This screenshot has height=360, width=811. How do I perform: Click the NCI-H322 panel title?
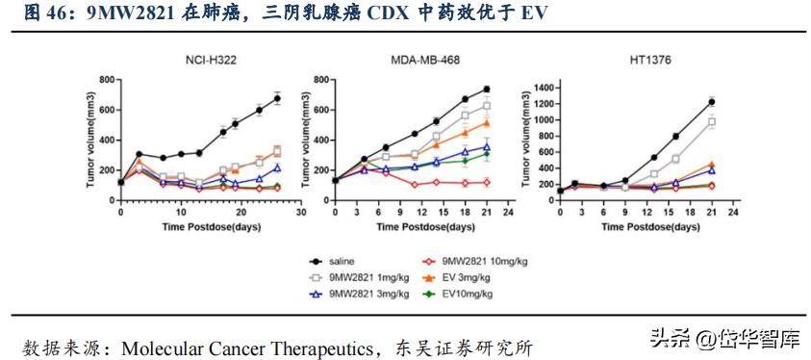point(212,60)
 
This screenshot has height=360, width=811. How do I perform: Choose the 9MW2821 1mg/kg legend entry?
point(367,276)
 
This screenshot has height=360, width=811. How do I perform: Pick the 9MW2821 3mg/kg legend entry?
point(367,293)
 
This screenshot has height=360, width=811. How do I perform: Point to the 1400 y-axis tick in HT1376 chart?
point(543,88)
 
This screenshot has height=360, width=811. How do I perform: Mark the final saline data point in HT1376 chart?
point(712,101)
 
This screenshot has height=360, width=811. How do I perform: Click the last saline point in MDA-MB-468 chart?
point(487,90)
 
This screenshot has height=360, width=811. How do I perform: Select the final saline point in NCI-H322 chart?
point(277,97)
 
